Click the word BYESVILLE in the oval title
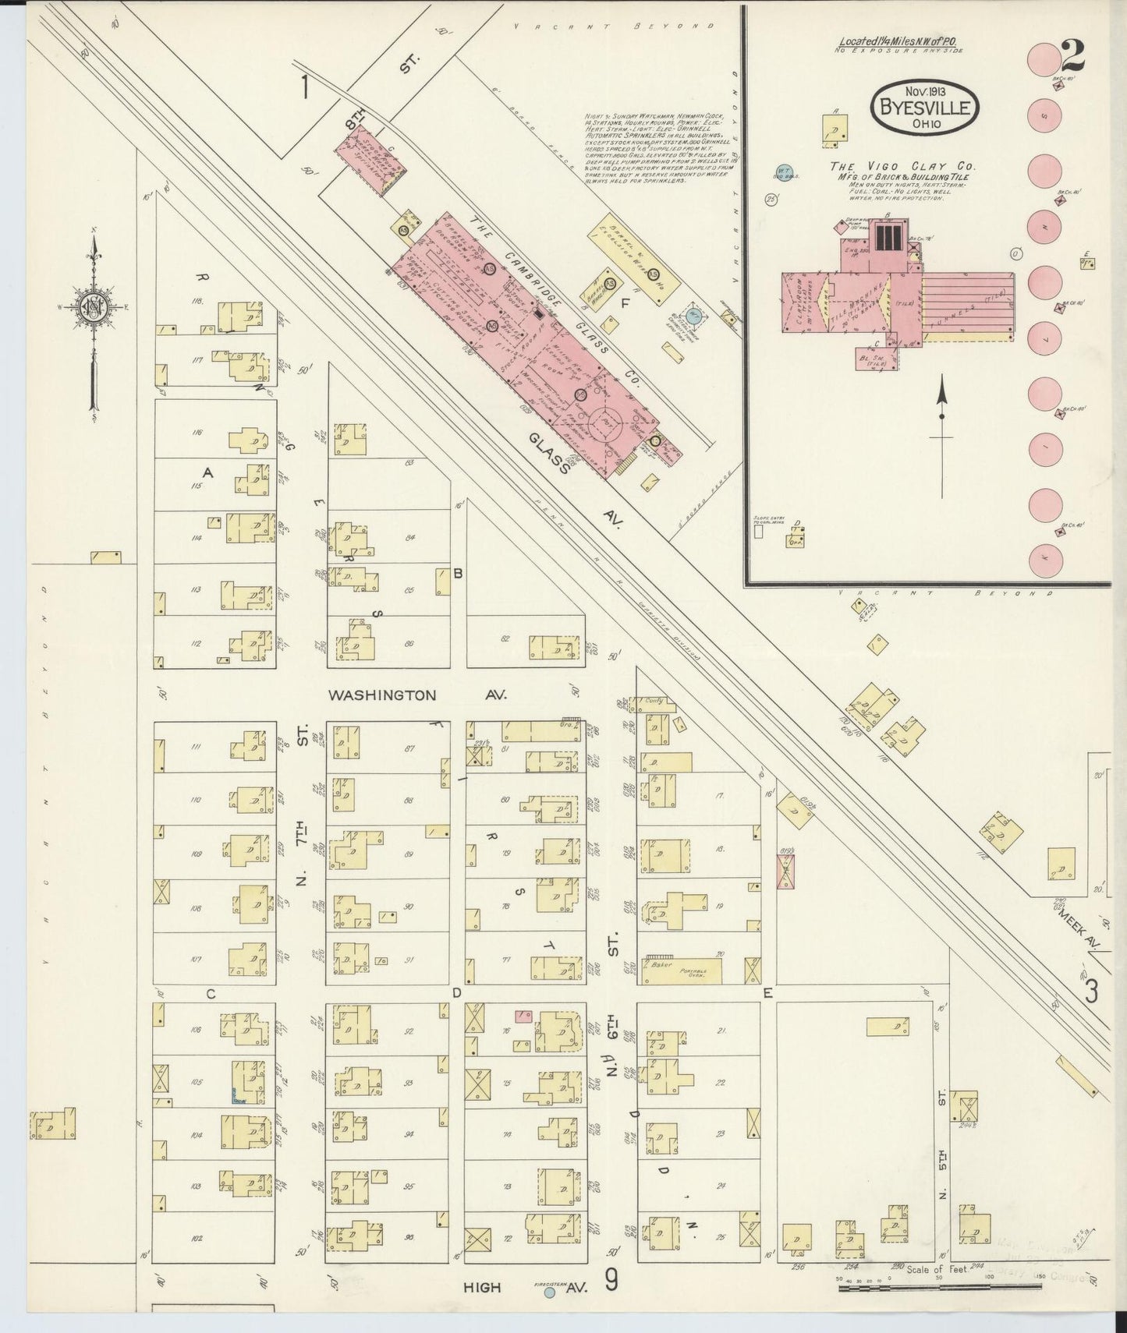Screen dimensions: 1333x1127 pos(924,108)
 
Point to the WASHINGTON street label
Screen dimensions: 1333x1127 pos(382,695)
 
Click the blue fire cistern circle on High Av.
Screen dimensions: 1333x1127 pos(550,1292)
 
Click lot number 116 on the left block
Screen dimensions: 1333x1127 pos(197,432)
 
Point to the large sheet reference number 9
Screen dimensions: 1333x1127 pos(612,1281)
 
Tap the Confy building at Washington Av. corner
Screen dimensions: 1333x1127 pos(654,701)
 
